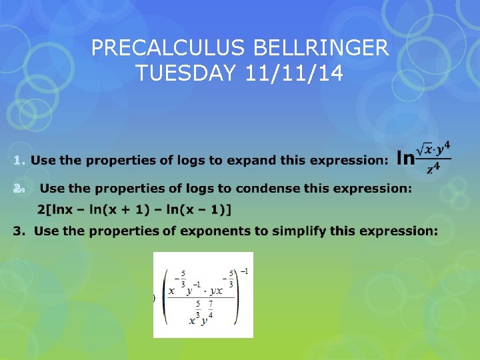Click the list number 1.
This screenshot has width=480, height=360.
19,160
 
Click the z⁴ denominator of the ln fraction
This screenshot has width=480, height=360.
435,169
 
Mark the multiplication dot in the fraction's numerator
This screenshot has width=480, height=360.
205,291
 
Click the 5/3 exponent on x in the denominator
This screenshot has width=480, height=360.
198,310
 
